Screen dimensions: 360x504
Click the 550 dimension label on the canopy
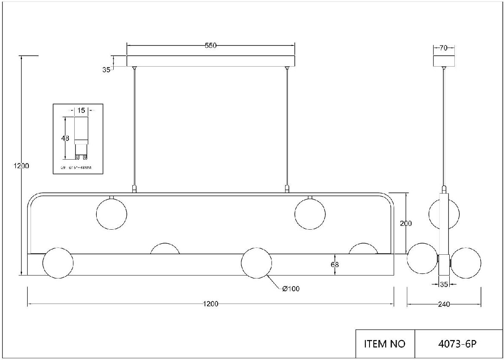click(211, 46)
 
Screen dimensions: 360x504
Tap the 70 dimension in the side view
click(443, 48)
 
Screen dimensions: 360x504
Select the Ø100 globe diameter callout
click(291, 289)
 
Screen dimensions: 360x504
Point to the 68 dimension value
click(334, 264)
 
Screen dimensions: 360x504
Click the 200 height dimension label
click(406, 223)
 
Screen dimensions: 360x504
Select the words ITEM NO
click(384, 343)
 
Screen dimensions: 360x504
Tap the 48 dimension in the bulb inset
click(65, 138)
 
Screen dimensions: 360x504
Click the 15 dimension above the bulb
click(81, 110)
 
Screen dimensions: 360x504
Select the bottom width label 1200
click(210, 304)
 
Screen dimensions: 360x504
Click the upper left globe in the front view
click(112, 214)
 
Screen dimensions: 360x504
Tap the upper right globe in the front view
click(310, 214)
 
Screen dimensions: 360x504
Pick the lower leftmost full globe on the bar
click(58, 263)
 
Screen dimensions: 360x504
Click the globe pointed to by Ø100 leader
click(256, 263)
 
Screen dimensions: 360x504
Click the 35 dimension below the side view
click(444, 284)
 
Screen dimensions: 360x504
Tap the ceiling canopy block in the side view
click(444, 61)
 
